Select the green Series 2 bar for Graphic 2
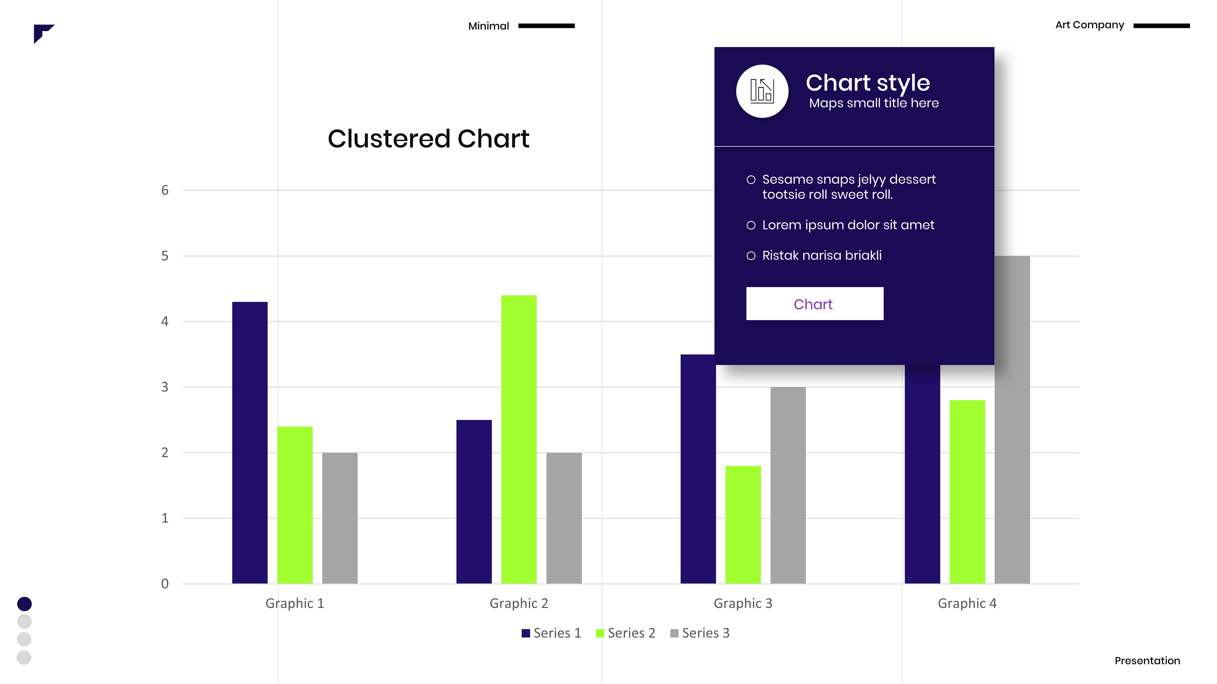click(x=519, y=439)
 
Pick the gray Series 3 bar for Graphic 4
click(x=1012, y=420)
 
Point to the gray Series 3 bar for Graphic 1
click(x=340, y=518)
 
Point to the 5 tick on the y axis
click(x=164, y=256)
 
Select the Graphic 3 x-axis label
click(x=743, y=603)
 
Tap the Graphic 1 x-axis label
click(x=294, y=603)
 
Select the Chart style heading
click(x=867, y=83)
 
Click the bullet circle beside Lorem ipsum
click(x=751, y=225)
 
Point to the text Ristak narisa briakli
click(x=822, y=255)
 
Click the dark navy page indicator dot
click(x=24, y=604)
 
